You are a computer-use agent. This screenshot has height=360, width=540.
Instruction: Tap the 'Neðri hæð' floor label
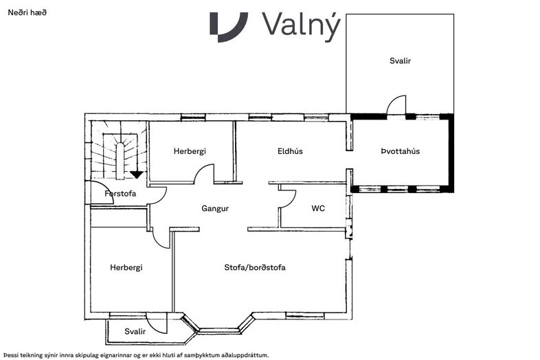(x=27, y=13)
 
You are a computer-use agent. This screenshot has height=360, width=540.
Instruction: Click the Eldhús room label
(x=290, y=151)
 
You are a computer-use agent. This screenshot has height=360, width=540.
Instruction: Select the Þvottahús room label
(x=400, y=151)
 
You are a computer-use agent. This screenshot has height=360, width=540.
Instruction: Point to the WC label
(x=318, y=208)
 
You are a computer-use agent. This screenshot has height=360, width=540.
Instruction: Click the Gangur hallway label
(x=215, y=209)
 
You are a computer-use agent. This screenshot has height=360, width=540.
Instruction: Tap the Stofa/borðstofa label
(x=255, y=267)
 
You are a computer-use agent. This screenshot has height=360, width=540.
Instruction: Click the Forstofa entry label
(x=120, y=194)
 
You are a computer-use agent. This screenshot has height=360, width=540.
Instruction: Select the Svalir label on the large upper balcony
(x=400, y=61)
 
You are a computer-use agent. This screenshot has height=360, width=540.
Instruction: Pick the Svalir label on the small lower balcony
(x=135, y=331)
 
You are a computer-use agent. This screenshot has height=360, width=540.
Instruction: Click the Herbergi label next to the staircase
(x=190, y=151)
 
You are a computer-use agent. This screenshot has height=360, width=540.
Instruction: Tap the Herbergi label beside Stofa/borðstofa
(x=126, y=268)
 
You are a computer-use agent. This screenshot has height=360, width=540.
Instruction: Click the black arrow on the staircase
(x=137, y=175)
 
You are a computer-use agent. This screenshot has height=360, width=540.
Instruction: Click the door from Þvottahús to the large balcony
(x=396, y=105)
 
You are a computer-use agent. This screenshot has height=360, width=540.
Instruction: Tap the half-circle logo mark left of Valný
(x=229, y=27)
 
